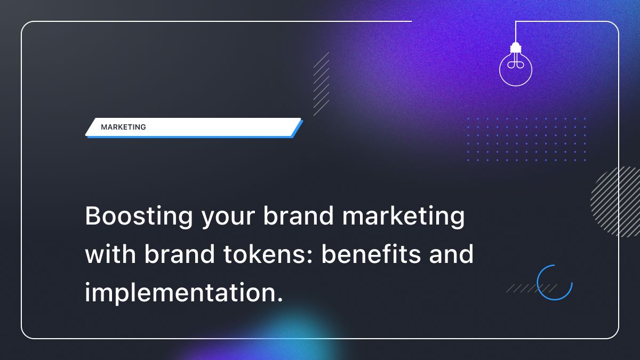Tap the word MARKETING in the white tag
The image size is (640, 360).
click(x=123, y=127)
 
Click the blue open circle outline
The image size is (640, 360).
click(x=555, y=282)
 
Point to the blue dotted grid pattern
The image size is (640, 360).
click(x=526, y=139)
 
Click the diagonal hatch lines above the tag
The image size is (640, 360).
click(x=321, y=84)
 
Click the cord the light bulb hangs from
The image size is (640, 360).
click(x=515, y=32)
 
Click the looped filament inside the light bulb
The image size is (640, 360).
click(x=515, y=64)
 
